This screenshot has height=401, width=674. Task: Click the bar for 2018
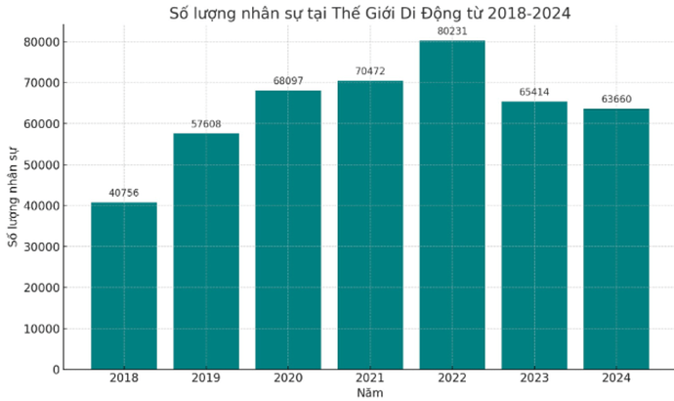124,286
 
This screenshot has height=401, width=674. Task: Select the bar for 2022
452,205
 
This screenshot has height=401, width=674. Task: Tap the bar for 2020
288,230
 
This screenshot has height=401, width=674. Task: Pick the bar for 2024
616,239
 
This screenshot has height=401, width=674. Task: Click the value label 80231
452,32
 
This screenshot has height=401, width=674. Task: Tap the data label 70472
370,72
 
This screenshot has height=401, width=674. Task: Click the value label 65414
534,93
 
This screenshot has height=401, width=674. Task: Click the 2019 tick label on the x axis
206,379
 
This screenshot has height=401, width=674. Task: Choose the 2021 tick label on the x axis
370,379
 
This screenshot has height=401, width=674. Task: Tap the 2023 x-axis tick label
534,379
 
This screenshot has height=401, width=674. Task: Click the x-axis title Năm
370,392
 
